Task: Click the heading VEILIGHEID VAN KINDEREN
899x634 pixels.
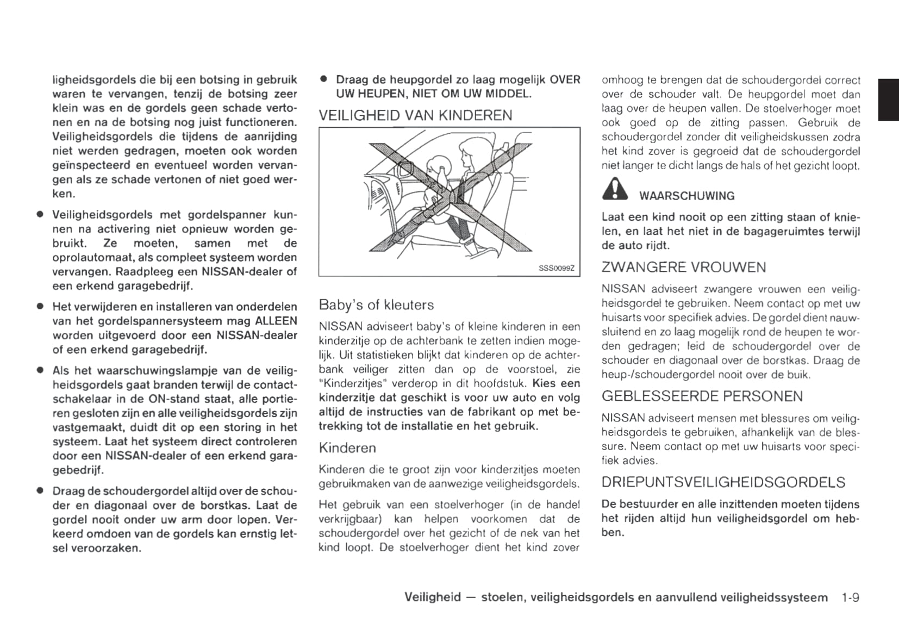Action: tap(415, 115)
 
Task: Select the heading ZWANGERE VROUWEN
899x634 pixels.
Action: tap(684, 267)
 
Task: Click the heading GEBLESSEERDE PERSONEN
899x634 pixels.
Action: tap(702, 396)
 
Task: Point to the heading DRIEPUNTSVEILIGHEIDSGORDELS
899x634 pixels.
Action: tap(723, 482)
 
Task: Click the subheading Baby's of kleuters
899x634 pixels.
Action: tap(376, 304)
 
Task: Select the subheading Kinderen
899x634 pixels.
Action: tap(347, 447)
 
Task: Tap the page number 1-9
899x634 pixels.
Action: tap(850, 597)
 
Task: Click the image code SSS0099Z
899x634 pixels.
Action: tap(556, 268)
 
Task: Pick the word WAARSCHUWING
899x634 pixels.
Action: tap(686, 196)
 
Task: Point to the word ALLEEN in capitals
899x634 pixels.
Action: tap(276, 321)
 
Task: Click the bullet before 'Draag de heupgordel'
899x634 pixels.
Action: tap(323, 79)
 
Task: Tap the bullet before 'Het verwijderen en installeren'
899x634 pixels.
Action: tap(40, 307)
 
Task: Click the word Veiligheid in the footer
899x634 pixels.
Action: tap(432, 597)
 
